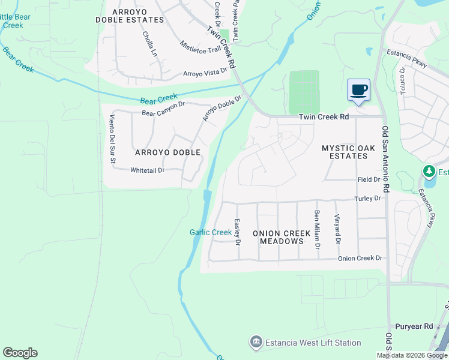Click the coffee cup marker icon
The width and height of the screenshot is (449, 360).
point(359,90)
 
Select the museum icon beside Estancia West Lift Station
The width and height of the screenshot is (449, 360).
point(256,342)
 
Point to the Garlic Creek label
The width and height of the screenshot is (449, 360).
point(211,232)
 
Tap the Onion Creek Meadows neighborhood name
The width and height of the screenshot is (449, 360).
point(282,237)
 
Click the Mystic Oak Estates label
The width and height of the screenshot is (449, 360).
point(345,152)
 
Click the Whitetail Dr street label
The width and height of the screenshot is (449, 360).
point(147,170)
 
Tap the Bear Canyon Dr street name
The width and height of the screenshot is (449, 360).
point(164,108)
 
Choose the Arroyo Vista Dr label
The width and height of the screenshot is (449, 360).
point(205,73)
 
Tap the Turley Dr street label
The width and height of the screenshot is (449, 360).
point(368,198)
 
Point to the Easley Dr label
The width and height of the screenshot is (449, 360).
point(237,233)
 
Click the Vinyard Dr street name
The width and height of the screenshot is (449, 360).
point(337,229)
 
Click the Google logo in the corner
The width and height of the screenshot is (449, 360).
point(20,353)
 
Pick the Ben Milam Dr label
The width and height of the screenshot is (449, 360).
point(317,229)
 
